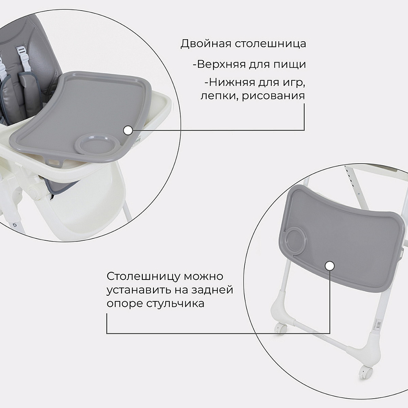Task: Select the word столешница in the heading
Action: click(x=271, y=44)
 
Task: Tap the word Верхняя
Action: click(x=221, y=64)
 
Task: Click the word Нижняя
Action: click(x=230, y=82)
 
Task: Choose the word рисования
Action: click(x=273, y=96)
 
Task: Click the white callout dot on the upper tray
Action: click(x=128, y=131)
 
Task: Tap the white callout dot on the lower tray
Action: click(x=330, y=266)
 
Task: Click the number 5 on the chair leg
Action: click(x=15, y=225)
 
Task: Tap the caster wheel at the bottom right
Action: click(x=366, y=373)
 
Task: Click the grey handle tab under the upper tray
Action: click(x=54, y=163)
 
